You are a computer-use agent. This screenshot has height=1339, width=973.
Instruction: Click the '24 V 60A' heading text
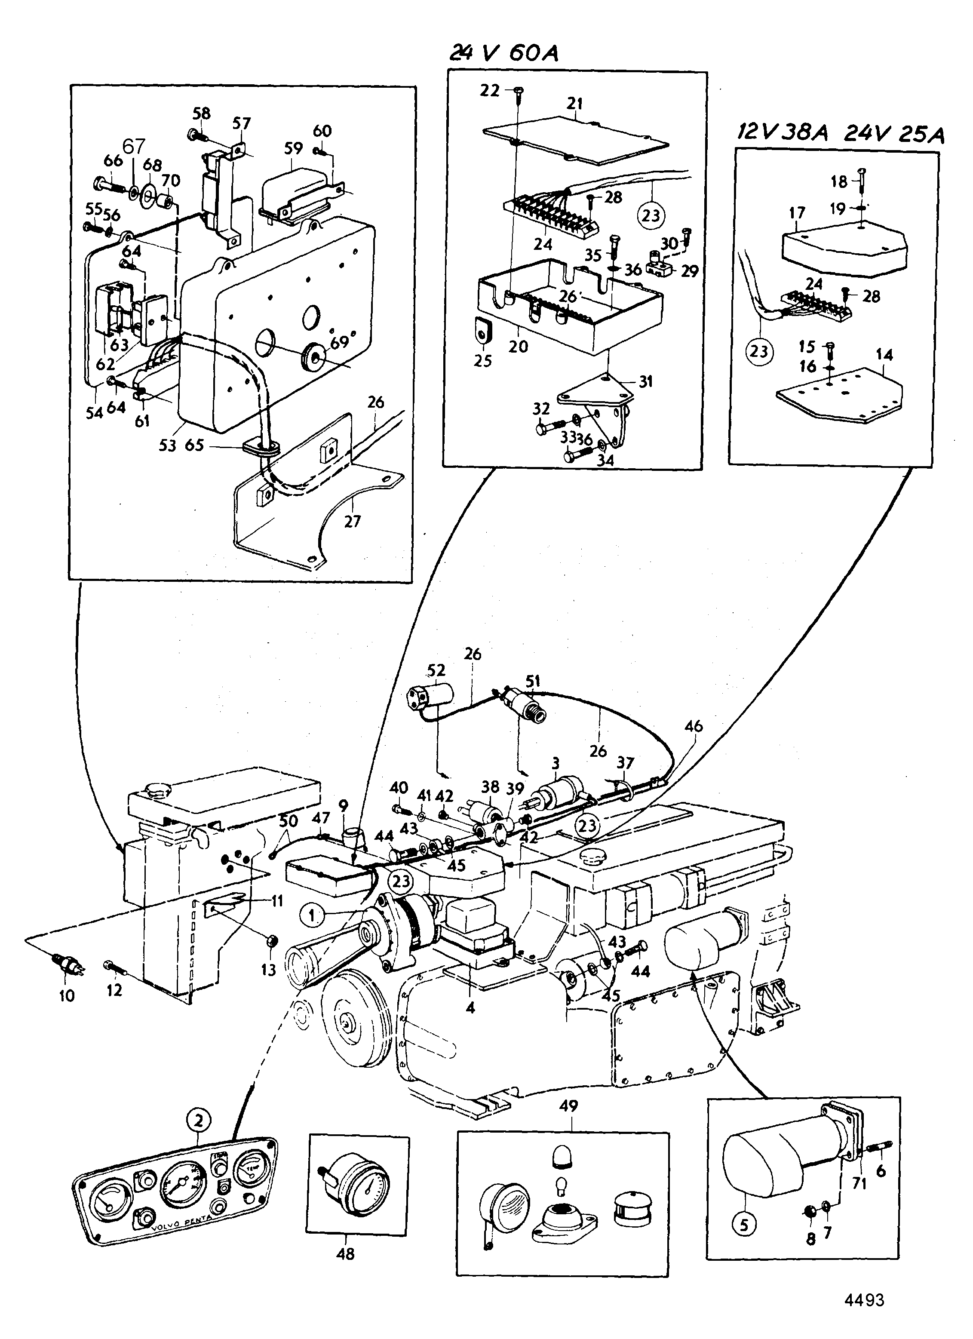pyautogui.click(x=503, y=54)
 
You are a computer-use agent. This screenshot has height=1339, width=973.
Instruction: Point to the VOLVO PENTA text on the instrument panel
pyautogui.click(x=181, y=1224)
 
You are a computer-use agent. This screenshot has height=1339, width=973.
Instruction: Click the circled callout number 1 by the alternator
pyautogui.click(x=313, y=916)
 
